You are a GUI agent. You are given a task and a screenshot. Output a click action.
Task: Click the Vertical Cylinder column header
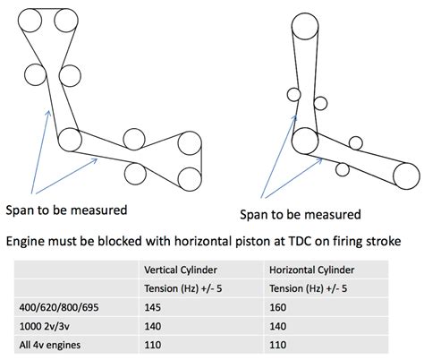[x=181, y=270]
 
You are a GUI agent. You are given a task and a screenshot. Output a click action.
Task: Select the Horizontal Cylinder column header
[x=311, y=270]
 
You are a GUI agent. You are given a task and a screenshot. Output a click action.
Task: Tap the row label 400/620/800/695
[x=59, y=307]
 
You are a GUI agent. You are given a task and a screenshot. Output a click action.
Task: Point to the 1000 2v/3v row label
[x=45, y=326]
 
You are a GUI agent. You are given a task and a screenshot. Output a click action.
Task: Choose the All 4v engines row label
[x=50, y=345]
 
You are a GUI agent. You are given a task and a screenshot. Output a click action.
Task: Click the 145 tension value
[x=152, y=307]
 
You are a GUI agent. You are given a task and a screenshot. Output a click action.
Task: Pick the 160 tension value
[x=278, y=307]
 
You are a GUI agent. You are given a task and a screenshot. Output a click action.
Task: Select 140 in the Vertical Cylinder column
[x=152, y=326]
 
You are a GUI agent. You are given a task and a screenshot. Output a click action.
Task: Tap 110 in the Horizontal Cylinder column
[x=278, y=345]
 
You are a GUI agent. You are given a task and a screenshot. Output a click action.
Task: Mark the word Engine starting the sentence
[x=25, y=242]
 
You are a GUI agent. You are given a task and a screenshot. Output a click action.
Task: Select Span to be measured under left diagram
[x=66, y=210]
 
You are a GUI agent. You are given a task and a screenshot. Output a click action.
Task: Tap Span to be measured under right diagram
[x=301, y=214]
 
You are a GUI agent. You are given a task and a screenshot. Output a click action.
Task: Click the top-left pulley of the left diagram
[x=30, y=21]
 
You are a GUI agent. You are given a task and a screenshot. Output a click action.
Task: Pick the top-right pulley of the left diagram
[x=66, y=21]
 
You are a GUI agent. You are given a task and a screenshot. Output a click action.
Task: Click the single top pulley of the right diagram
[x=305, y=26]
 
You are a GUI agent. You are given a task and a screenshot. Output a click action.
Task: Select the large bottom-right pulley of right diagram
[x=406, y=176]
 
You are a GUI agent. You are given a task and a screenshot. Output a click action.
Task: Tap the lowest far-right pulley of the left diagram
[x=190, y=179]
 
